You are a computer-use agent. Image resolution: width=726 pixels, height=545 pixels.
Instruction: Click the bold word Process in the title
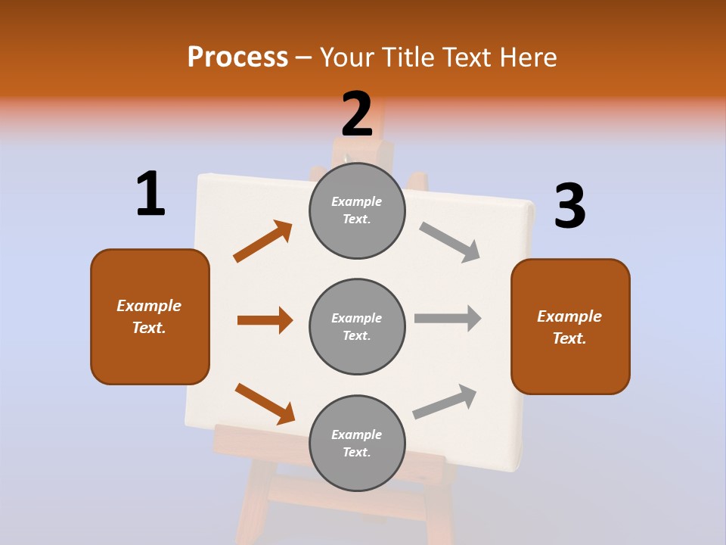tap(237, 57)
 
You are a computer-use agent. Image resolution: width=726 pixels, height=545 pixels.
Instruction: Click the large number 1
tap(150, 194)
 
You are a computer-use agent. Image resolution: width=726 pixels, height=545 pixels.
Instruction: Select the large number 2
tap(357, 114)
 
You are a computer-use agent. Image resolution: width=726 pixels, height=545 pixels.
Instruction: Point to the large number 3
tap(569, 206)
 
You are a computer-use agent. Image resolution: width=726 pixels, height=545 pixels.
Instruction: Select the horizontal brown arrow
tap(265, 320)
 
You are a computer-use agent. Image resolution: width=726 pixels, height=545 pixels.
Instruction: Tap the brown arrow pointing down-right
tap(265, 403)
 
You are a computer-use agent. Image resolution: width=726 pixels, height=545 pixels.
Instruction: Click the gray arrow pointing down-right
tap(450, 242)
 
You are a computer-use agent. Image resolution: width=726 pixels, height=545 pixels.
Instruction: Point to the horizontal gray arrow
tap(448, 318)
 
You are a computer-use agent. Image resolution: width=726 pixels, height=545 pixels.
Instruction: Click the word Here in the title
tap(529, 57)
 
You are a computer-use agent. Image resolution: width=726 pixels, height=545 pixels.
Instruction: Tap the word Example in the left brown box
tap(149, 306)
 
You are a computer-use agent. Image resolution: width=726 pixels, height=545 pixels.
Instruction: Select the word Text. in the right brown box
tap(569, 338)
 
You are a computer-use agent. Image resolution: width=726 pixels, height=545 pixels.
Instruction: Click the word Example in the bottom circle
tap(357, 434)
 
